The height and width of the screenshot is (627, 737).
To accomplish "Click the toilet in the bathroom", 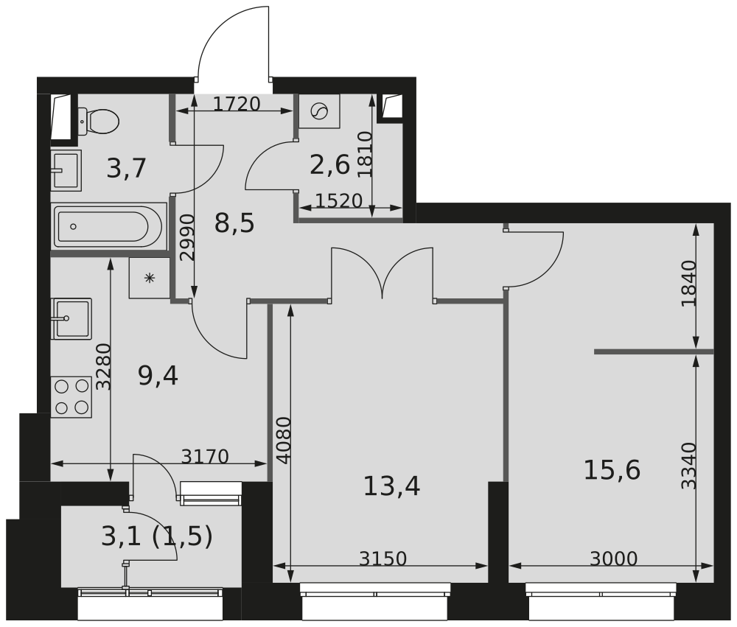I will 99,121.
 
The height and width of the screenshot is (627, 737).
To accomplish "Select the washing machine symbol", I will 319,111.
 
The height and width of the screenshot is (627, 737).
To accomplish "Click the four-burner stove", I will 71,396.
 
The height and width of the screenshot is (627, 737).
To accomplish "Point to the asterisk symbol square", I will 150,278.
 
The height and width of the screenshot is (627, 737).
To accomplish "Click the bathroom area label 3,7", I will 127,169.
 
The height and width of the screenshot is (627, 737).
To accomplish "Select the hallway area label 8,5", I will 234,222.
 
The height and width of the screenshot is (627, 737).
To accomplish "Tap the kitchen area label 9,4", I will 158,376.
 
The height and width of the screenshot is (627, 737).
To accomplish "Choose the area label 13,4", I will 391,486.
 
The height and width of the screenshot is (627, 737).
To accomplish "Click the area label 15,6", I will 612,469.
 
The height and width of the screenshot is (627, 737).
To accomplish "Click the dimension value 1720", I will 237,104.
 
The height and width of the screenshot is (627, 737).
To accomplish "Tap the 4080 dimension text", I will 284,440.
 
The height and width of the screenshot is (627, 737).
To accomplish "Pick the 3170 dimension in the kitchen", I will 205,457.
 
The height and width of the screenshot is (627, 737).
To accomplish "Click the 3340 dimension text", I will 688,466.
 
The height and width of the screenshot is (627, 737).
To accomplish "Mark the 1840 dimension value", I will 688,284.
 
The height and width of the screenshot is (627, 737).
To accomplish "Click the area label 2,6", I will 329,165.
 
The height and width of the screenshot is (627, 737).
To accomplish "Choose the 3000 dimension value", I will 613,559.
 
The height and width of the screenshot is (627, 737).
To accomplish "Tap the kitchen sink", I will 71,318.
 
